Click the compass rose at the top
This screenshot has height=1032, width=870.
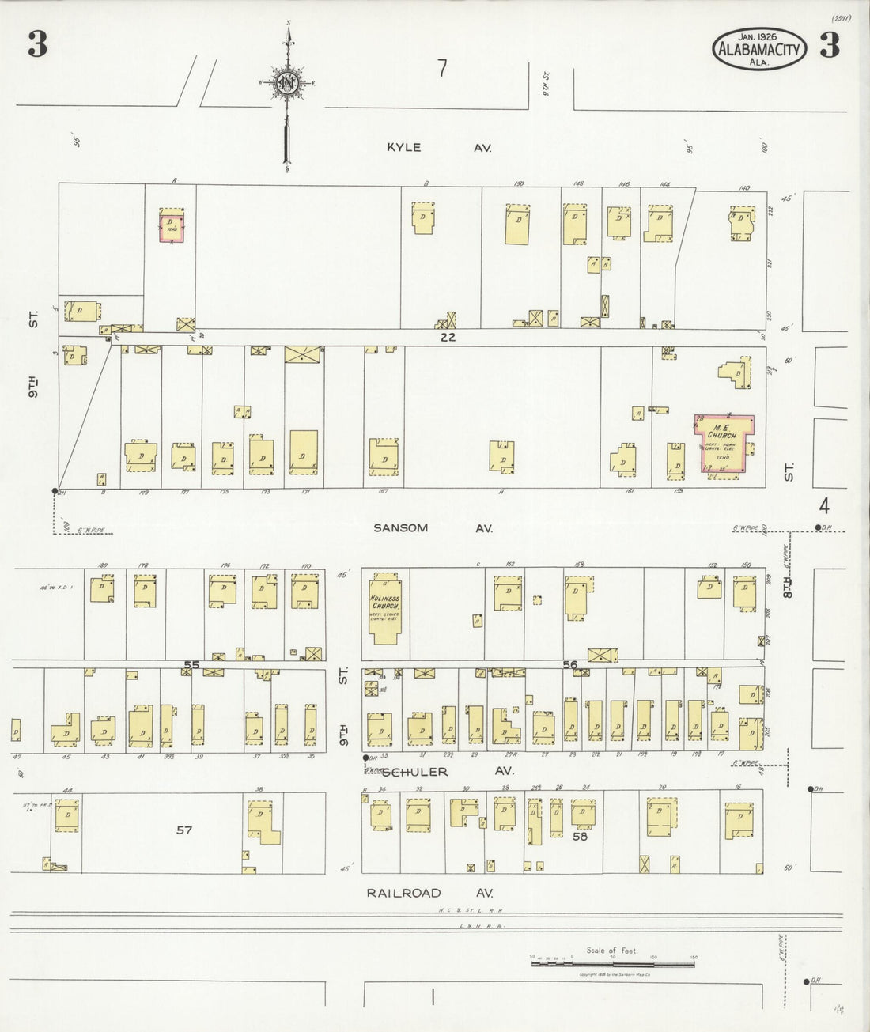tap(286, 81)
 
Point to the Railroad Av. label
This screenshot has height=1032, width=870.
tap(429, 893)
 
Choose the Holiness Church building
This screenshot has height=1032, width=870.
tap(388, 610)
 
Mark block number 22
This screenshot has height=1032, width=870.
tap(449, 337)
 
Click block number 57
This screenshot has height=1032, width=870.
tap(184, 830)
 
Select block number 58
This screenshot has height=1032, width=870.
tap(580, 836)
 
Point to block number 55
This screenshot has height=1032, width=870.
tap(191, 665)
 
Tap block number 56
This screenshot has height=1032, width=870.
tap(569, 665)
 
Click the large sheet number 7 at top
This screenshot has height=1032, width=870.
tap(443, 69)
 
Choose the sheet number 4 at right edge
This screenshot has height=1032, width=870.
tap(824, 504)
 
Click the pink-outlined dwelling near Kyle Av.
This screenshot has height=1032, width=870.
tap(172, 225)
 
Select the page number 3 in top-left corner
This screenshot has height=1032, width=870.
tap(37, 47)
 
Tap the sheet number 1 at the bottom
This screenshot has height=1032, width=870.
tap(433, 998)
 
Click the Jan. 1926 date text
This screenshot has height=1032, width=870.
tap(758, 36)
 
